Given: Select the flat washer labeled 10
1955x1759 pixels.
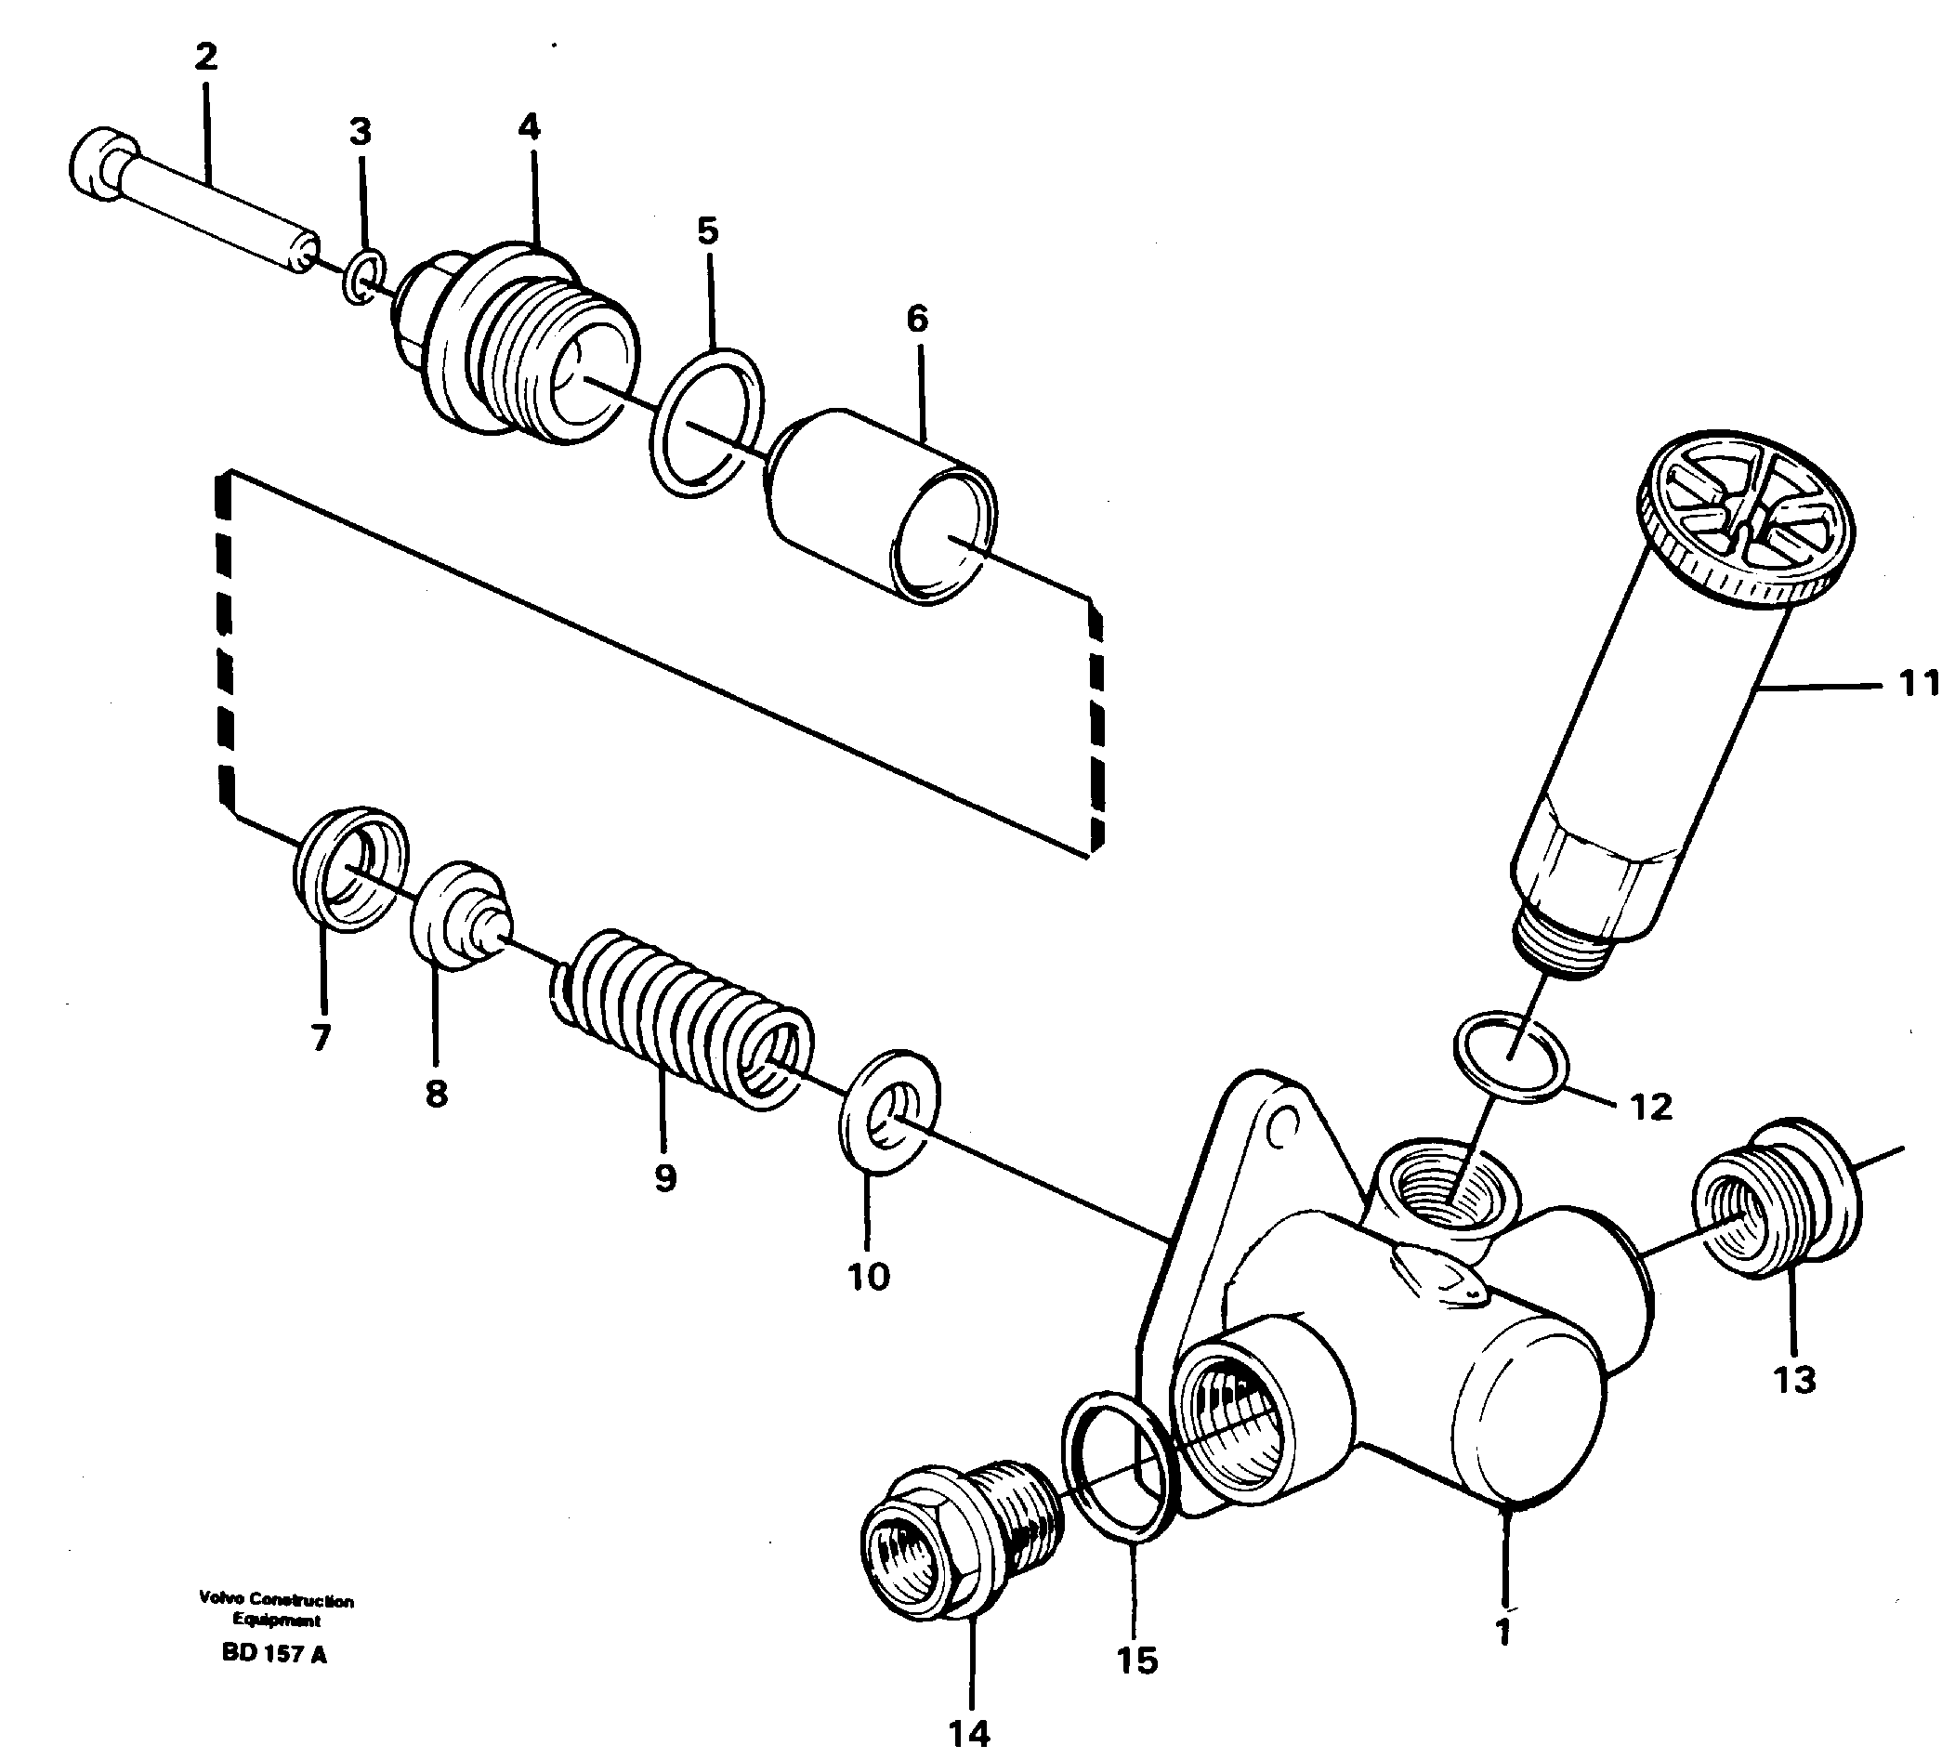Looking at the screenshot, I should [x=887, y=1111].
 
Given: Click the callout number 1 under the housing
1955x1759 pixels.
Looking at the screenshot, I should [x=1502, y=1633].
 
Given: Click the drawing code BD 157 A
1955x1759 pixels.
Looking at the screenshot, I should [x=274, y=1655].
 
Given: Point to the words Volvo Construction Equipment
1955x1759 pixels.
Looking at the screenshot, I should [x=276, y=1610].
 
